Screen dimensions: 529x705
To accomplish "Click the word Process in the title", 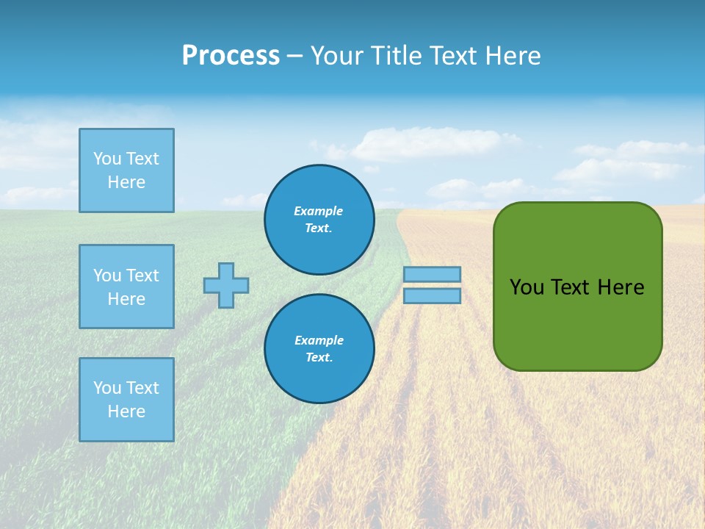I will tap(231, 55).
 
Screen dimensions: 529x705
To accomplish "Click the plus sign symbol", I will tap(226, 285).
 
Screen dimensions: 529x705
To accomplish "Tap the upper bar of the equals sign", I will tap(432, 274).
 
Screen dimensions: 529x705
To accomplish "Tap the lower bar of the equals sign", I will tap(432, 295).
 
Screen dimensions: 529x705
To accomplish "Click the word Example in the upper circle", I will tap(319, 211).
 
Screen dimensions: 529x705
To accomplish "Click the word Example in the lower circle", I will tap(319, 340).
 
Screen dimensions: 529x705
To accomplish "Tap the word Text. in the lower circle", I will tap(319, 357).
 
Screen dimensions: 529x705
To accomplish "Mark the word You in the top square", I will tap(107, 159).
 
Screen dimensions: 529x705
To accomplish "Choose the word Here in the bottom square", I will tap(126, 411).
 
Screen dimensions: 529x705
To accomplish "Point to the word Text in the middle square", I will tap(142, 276).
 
